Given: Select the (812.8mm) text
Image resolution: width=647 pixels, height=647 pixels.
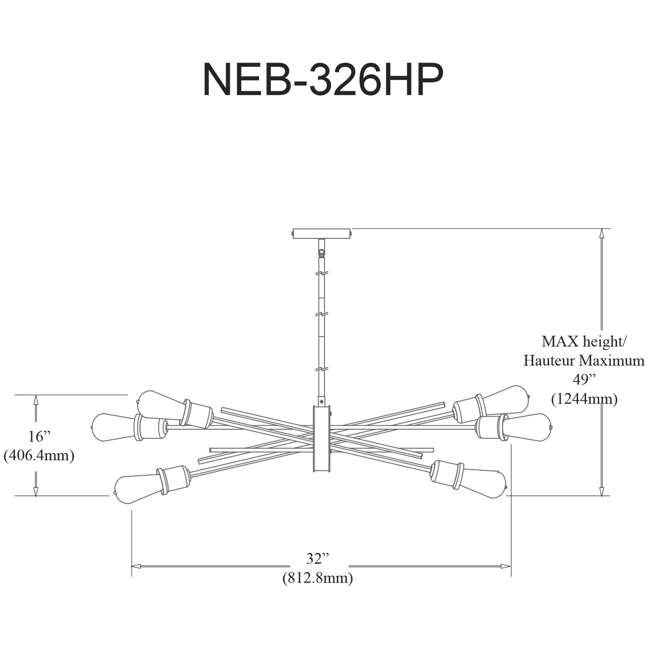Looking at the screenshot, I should click(x=318, y=578).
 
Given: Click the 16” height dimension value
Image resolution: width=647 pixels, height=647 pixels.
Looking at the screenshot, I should click(x=39, y=436).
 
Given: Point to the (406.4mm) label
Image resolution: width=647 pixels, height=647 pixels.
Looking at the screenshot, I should click(x=39, y=456).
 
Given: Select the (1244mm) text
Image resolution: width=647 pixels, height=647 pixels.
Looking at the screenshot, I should click(x=584, y=399).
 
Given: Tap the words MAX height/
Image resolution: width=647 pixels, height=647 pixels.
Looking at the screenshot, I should click(x=584, y=342).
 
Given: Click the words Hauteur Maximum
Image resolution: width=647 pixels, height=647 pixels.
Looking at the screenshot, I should click(x=584, y=361).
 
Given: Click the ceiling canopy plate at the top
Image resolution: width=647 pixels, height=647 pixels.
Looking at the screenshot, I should click(x=322, y=233).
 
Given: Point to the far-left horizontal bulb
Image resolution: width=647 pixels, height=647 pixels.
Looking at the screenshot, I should click(x=110, y=428).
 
